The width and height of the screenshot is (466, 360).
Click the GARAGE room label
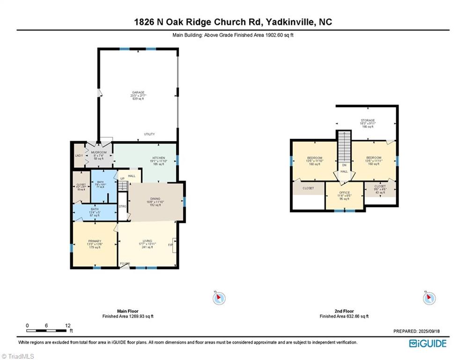137,92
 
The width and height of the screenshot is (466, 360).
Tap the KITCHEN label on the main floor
158,157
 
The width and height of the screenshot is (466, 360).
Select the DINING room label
155,198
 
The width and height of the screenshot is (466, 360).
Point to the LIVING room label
148,241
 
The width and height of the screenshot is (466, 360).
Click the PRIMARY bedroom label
95,241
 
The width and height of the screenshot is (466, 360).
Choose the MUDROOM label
99,152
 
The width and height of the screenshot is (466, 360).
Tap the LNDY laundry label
79,156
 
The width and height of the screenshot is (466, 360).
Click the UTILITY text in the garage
149,135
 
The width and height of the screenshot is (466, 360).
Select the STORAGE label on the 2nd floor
367,120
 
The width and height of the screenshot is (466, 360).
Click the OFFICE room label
344,193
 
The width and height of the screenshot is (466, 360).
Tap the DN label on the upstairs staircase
344,165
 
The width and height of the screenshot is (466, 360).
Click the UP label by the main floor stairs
122,179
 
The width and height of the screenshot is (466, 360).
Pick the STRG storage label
122,206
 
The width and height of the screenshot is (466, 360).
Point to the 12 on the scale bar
67,325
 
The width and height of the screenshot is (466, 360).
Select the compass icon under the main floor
219,298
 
